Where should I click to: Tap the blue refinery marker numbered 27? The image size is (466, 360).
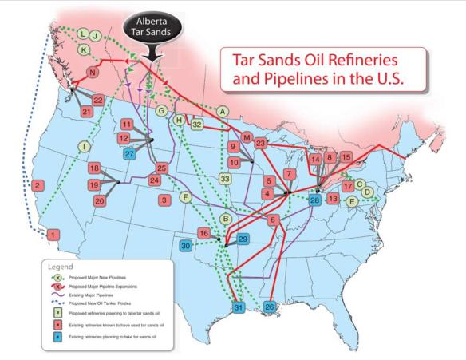pyautogui.click(x=129, y=154)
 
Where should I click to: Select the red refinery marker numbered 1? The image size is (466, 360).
pyautogui.click(x=53, y=235)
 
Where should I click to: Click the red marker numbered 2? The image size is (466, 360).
pyautogui.click(x=37, y=186)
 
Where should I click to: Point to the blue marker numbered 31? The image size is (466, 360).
pyautogui.click(x=237, y=307)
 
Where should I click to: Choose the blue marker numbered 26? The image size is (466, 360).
pyautogui.click(x=270, y=307)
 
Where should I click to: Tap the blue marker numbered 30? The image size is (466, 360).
pyautogui.click(x=187, y=247)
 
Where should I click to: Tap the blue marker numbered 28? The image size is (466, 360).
pyautogui.click(x=315, y=200)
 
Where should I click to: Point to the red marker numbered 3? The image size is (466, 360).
pyautogui.click(x=164, y=200)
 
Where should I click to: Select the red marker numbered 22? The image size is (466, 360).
pyautogui.click(x=97, y=100)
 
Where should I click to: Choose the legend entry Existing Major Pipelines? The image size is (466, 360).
pyautogui.click(x=97, y=295)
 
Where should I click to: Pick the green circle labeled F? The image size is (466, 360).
pyautogui.click(x=185, y=196)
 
